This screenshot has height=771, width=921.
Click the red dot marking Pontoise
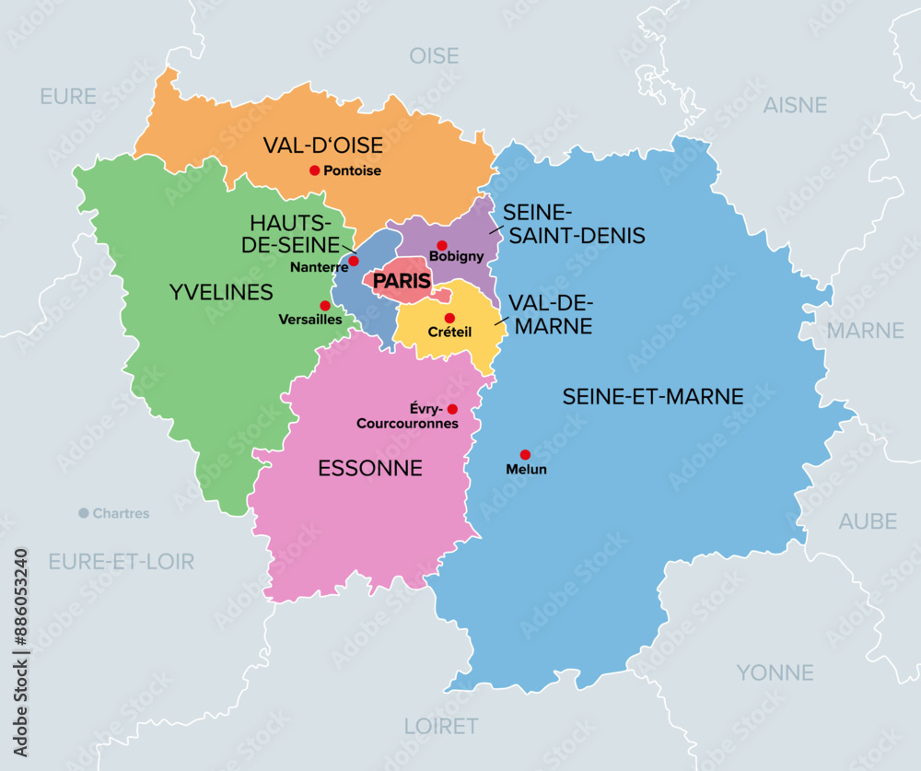[x=314, y=169]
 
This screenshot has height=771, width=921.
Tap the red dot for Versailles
[x=324, y=306]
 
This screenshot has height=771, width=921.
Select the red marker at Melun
[x=525, y=454]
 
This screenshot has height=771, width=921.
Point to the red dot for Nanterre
[x=354, y=261]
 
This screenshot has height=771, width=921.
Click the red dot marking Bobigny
[x=442, y=245]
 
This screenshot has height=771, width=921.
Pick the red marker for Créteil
[x=449, y=318]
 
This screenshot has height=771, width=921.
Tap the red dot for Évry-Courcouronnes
[x=452, y=409]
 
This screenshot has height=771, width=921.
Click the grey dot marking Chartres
[x=83, y=513]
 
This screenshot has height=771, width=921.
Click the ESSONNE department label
[x=370, y=468]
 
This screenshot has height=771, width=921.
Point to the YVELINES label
[x=221, y=292]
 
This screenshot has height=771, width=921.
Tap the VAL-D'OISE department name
[x=322, y=146]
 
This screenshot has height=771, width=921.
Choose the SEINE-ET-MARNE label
[x=653, y=396]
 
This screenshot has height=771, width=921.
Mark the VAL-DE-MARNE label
[x=551, y=314]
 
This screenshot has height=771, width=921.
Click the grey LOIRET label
[x=440, y=726]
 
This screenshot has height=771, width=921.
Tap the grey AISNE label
[x=795, y=105]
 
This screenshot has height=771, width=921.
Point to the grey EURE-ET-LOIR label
[x=121, y=560]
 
